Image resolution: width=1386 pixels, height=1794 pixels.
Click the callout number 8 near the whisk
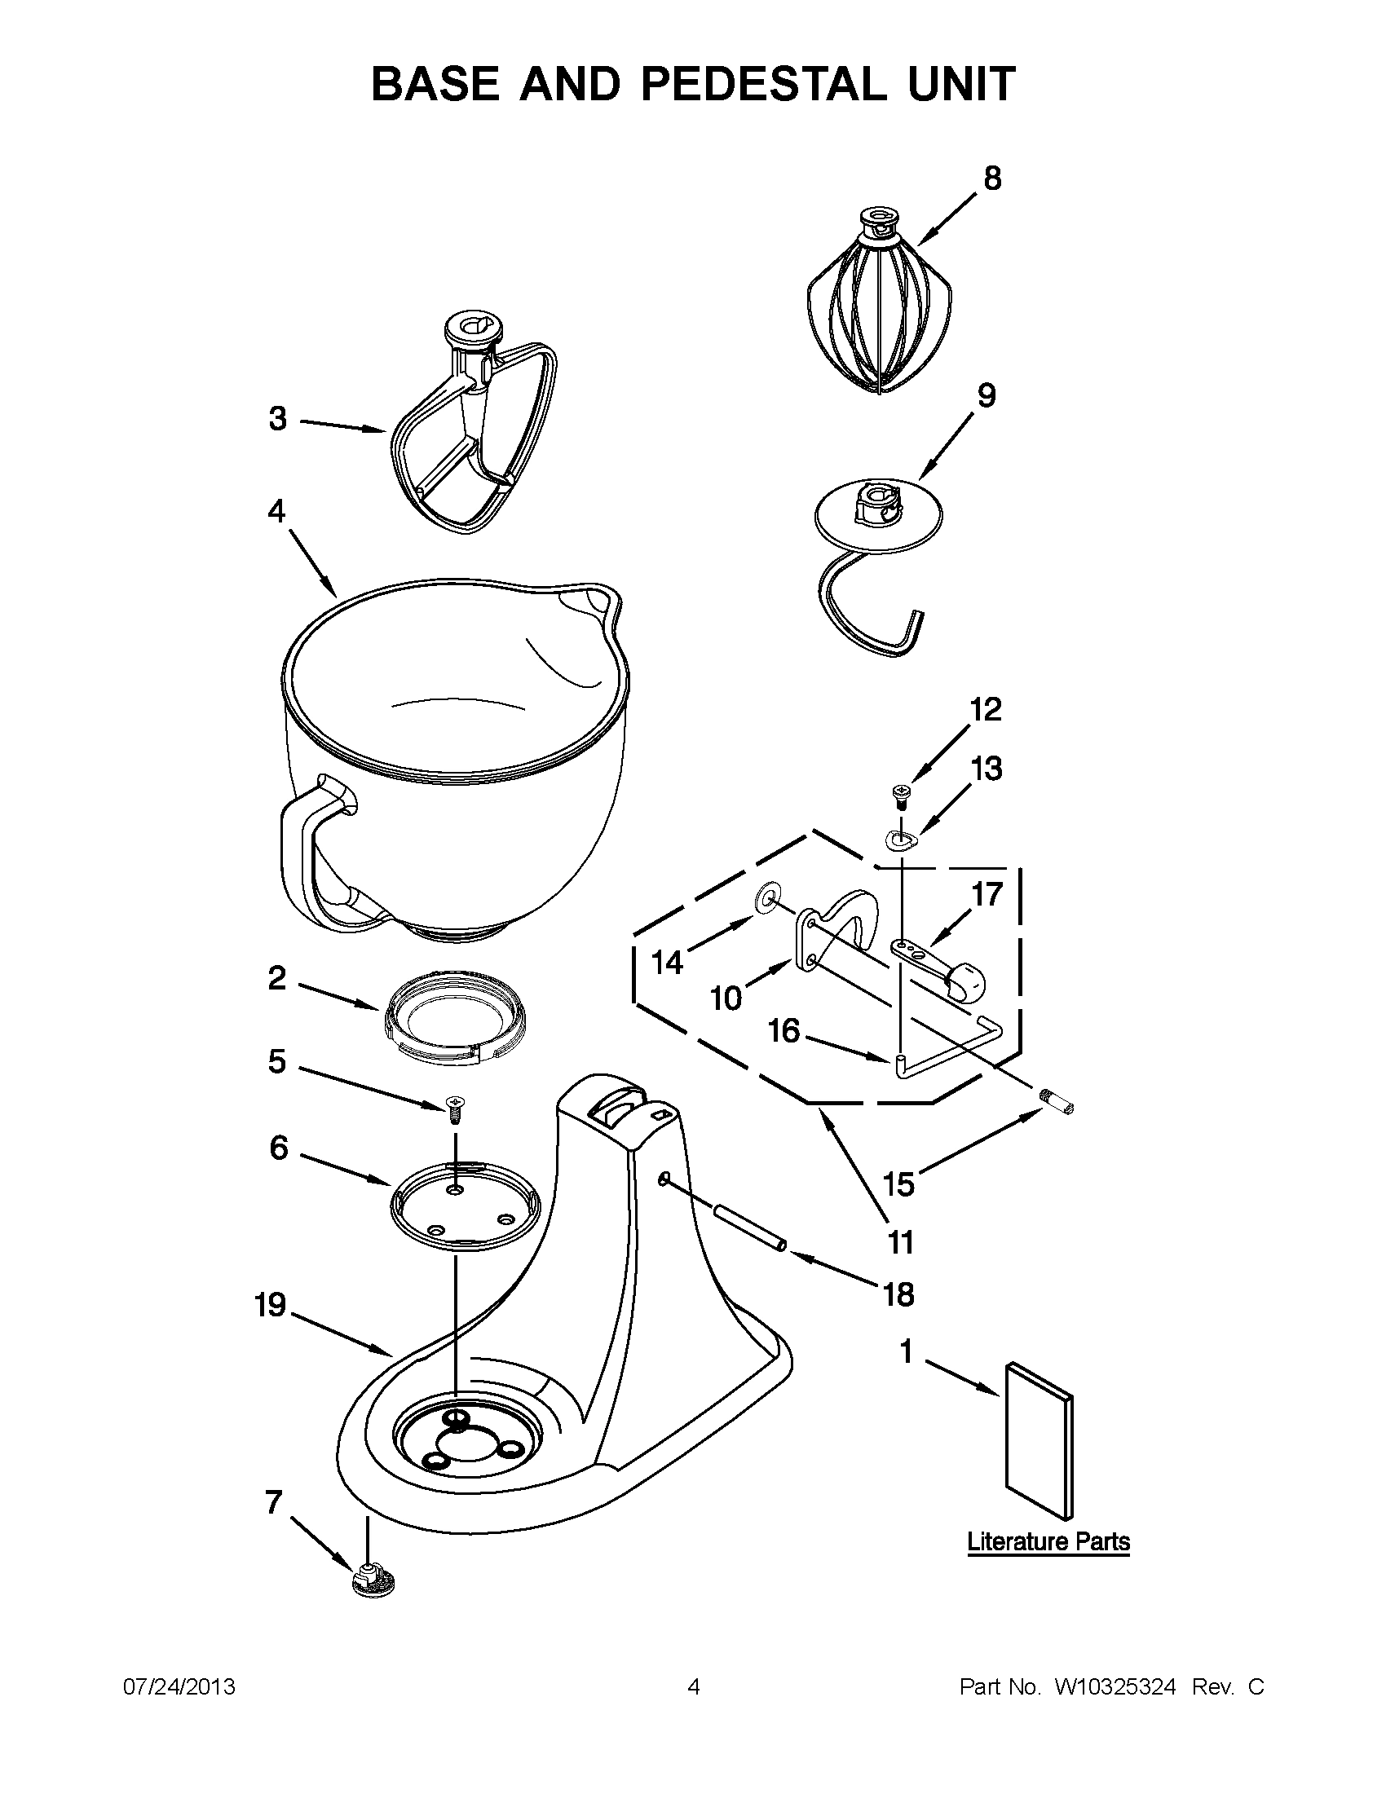(992, 179)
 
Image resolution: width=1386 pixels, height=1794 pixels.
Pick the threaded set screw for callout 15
(1057, 1100)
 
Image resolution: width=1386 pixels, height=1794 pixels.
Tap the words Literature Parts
(1048, 1542)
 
